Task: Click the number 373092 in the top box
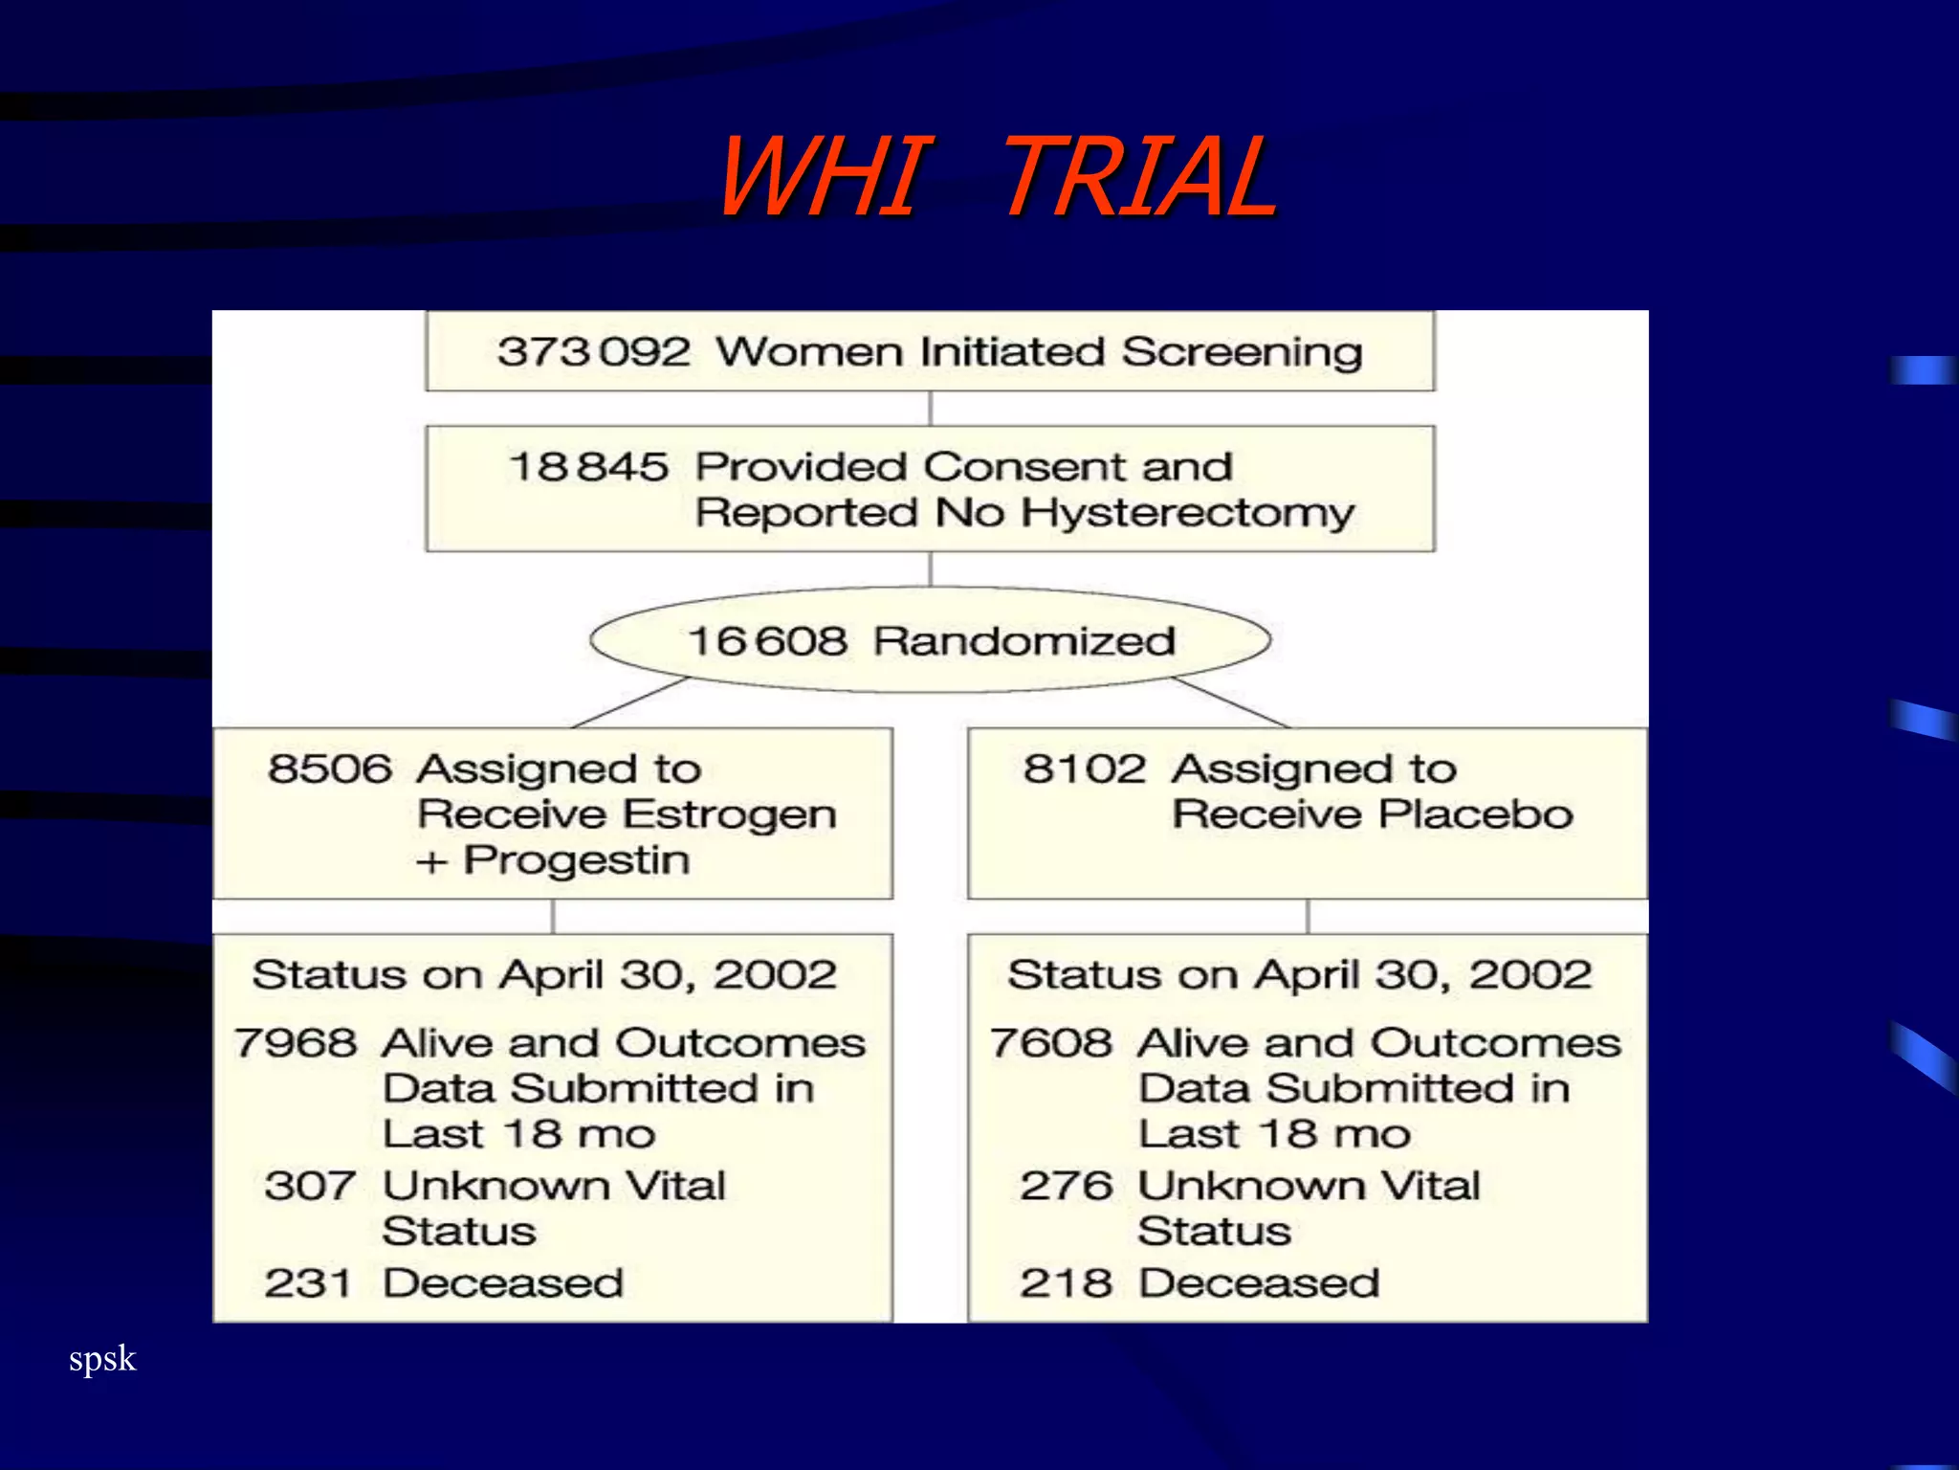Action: tap(593, 352)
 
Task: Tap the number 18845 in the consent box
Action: tap(588, 467)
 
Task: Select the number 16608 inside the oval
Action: tap(767, 641)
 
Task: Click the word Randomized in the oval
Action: tap(1024, 641)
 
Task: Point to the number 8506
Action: tap(330, 768)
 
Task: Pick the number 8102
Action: tap(1085, 768)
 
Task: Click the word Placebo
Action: tap(1476, 814)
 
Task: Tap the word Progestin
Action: tap(576, 860)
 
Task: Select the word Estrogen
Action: tap(731, 815)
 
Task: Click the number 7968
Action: tap(296, 1042)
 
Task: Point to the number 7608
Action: tap(1051, 1042)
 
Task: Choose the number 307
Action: tap(311, 1186)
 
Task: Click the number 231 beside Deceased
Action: tap(308, 1283)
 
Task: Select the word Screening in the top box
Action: tap(1242, 352)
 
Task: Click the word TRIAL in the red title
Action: tap(1138, 177)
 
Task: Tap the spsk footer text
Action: tap(102, 1359)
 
